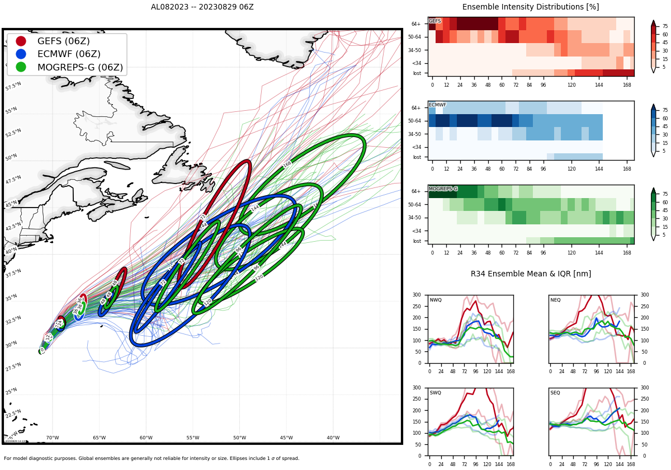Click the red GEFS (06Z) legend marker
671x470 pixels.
pyautogui.click(x=21, y=41)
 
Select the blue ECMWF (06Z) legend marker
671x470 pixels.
pyautogui.click(x=21, y=54)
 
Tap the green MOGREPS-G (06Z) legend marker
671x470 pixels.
pyautogui.click(x=21, y=67)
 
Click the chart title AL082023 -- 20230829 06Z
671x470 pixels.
pyautogui.click(x=202, y=7)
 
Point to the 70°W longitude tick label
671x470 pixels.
pyautogui.click(x=53, y=438)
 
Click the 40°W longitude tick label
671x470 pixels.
pyautogui.click(x=333, y=438)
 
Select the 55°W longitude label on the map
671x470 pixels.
pyautogui.click(x=193, y=438)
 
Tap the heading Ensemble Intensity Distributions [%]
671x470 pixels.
pyautogui.click(x=530, y=7)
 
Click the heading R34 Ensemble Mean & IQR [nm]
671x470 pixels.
pyautogui.click(x=530, y=274)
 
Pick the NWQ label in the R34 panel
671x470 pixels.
pyautogui.click(x=436, y=300)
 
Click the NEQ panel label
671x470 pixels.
pyautogui.click(x=555, y=300)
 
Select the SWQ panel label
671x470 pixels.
pyautogui.click(x=436, y=393)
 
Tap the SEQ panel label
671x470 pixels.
pyautogui.click(x=555, y=393)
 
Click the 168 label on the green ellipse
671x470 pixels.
pyautogui.click(x=287, y=164)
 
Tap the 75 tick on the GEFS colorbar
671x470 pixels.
pyautogui.click(x=665, y=26)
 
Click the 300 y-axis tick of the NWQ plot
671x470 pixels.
pyautogui.click(x=417, y=295)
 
